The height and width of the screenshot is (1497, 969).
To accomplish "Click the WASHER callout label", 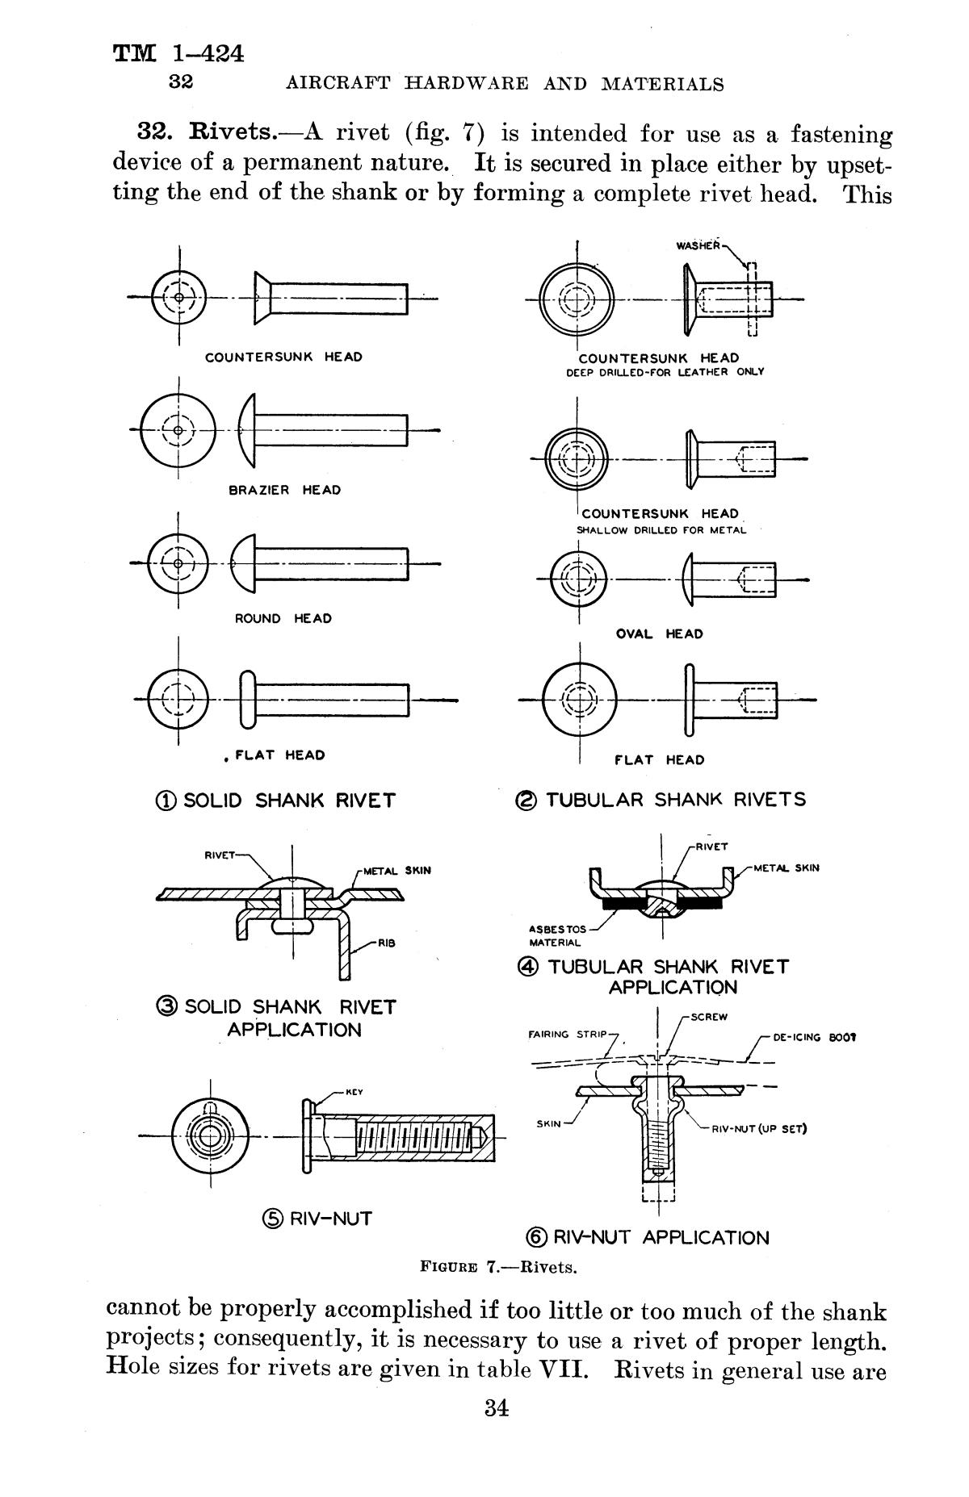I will tap(697, 245).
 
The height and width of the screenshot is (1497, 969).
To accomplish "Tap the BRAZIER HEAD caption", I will tap(284, 490).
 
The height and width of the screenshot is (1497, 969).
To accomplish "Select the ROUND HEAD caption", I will tap(283, 618).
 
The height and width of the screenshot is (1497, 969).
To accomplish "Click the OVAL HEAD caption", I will tap(659, 634).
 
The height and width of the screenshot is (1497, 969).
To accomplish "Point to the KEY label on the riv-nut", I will tap(354, 1093).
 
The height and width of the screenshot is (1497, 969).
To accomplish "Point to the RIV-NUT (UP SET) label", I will tap(759, 1129).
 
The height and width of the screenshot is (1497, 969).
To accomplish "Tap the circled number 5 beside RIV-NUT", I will tap(273, 1219).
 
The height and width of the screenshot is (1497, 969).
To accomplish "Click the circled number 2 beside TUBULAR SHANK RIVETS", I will tap(525, 801).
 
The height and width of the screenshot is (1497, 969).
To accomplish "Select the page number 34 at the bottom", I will tap(496, 1409).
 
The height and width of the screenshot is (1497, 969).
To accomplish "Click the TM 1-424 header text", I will tap(178, 54).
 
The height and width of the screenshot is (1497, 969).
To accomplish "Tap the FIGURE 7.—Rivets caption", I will tap(498, 1266).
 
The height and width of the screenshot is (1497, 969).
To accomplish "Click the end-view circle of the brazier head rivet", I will tap(178, 429).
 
